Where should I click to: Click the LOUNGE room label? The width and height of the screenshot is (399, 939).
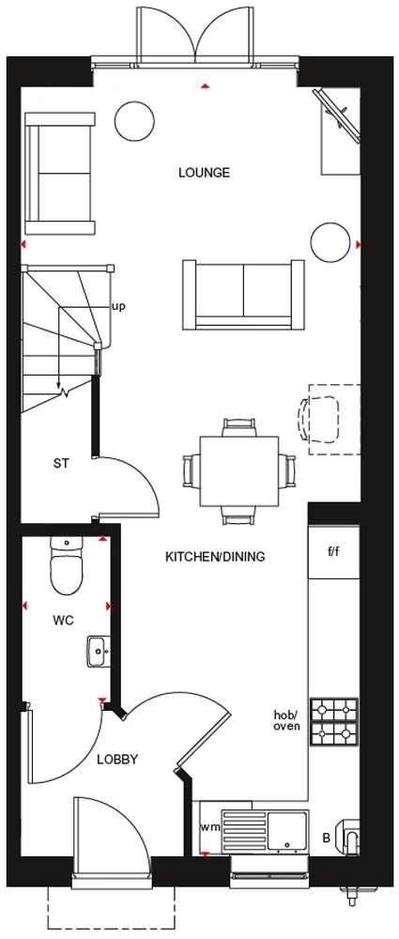point(204,173)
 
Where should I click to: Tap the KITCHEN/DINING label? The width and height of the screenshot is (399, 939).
point(215,557)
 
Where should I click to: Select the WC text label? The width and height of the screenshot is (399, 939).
point(63,621)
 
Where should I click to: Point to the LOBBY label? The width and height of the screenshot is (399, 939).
point(117,760)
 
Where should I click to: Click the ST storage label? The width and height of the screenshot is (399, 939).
point(60,463)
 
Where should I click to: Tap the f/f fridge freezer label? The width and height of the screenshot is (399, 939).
point(333,551)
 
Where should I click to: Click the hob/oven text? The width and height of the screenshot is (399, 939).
point(286,720)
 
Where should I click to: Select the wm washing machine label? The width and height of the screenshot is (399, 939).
point(210,827)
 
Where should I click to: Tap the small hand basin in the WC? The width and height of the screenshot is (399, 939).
point(97,651)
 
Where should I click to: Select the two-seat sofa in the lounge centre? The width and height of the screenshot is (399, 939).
point(243,295)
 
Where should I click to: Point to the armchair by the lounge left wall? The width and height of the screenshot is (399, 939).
point(59,173)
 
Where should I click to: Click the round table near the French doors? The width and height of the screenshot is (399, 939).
point(135,120)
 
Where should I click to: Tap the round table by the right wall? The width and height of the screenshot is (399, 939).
point(330,242)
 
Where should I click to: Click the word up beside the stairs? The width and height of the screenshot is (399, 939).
point(118,307)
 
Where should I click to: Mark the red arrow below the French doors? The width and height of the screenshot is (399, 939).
point(206,86)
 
